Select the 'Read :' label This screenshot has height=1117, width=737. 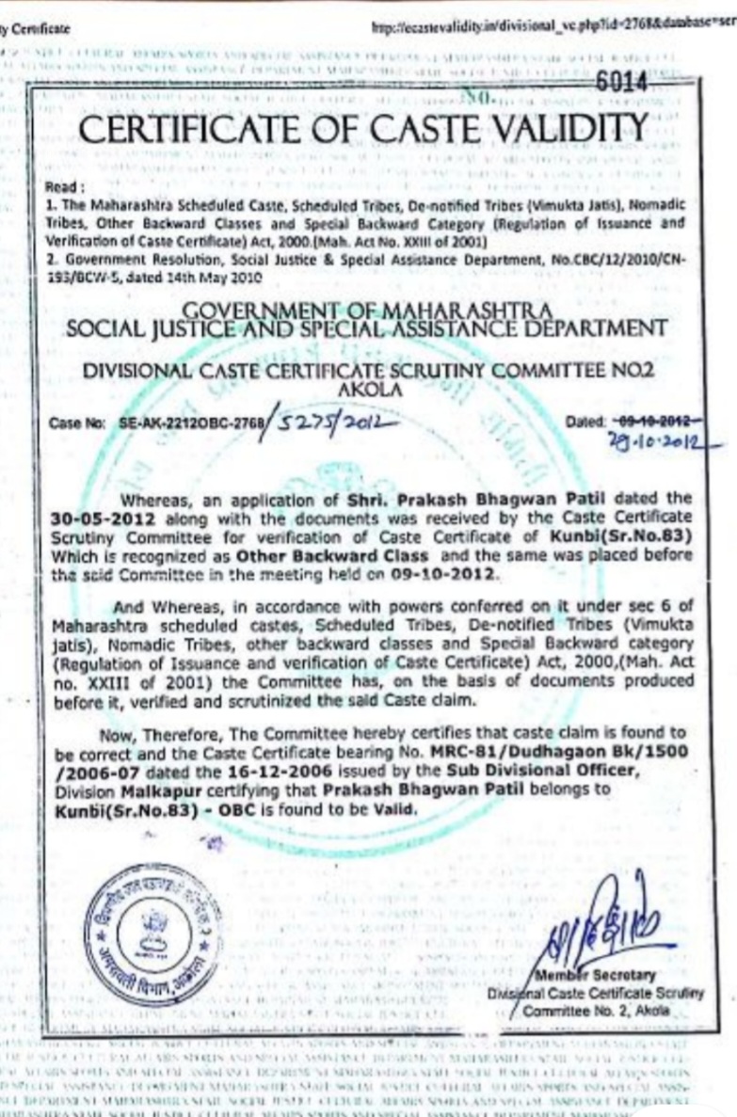coord(66,187)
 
